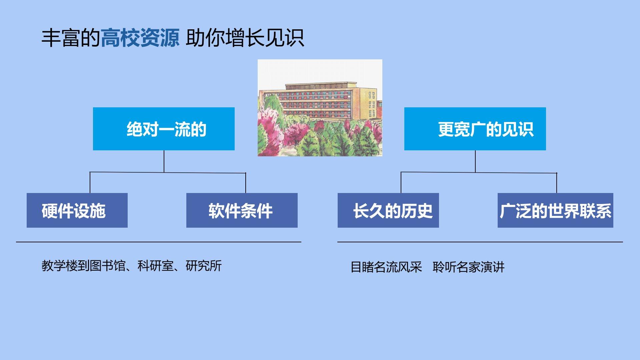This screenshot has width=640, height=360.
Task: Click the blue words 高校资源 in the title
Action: pos(140,38)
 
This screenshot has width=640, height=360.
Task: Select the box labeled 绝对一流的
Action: pos(164,129)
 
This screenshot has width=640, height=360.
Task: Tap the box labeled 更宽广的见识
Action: pos(475,129)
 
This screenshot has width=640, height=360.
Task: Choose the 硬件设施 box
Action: pos(77,210)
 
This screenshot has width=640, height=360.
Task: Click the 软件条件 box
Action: pos(242,210)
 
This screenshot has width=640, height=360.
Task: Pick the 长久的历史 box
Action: pos(388,210)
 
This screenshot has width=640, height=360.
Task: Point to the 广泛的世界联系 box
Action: pos(555,210)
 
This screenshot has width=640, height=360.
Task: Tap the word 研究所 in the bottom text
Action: pos(204,266)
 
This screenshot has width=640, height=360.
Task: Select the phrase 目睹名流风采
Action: pos(386,267)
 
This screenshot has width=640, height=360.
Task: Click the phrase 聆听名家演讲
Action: pos(469,267)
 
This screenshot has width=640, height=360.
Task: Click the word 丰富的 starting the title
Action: pos(71,38)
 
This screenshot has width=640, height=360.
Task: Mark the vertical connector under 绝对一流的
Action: pos(164,161)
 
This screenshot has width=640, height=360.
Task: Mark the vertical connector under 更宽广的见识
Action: pos(475,161)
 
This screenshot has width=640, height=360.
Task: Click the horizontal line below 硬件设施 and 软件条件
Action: pos(159,242)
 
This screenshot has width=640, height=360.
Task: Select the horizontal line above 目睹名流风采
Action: pos(480,242)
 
